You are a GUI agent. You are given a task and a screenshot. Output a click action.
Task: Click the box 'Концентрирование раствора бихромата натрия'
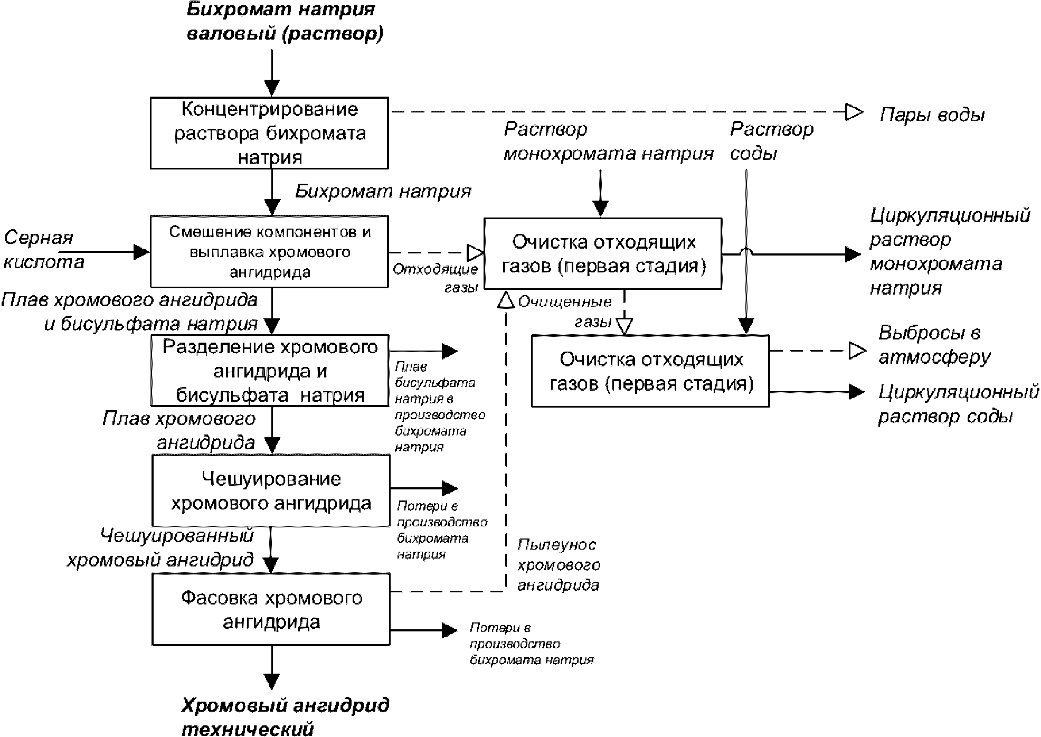pos(269,133)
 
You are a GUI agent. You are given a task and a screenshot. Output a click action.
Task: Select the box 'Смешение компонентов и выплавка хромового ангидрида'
pos(269,252)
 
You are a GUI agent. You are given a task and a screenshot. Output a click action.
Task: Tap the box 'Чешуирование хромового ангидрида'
pos(271,491)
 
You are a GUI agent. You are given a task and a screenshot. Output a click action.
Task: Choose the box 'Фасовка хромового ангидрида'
pos(271,610)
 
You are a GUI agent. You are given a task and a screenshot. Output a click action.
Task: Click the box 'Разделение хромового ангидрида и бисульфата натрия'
pos(269,371)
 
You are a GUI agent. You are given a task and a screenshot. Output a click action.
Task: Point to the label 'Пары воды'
pos(932,115)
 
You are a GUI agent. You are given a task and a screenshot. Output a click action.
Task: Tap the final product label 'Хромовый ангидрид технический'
pos(285,717)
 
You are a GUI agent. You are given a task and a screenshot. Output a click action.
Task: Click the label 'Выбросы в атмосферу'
pos(933,345)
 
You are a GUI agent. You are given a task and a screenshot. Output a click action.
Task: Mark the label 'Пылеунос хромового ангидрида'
pos(559,565)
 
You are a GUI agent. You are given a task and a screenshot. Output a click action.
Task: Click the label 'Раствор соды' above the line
pos(771,141)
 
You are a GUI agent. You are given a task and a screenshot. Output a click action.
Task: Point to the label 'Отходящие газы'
pos(436,278)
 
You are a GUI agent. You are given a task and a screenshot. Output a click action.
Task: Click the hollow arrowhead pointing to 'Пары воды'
pos(854,112)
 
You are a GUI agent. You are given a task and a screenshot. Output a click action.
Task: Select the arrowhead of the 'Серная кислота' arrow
pos(141,252)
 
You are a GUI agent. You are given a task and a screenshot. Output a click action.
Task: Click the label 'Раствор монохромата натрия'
pos(607,141)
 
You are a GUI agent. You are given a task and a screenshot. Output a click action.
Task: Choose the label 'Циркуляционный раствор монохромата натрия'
pos(949,252)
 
